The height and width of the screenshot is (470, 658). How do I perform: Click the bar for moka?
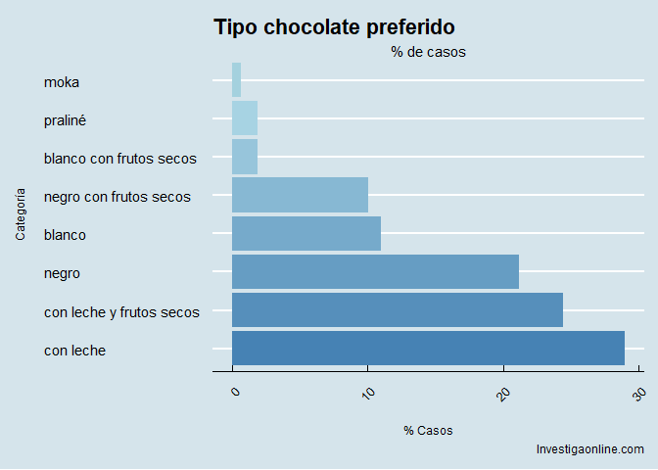[x=236, y=80]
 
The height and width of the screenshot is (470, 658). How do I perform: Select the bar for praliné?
[x=245, y=118]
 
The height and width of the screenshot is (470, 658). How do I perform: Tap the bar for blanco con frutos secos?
[x=245, y=157]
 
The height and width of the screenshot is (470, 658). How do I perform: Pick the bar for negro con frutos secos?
[x=300, y=195]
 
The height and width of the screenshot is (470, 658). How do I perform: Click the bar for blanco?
[x=306, y=233]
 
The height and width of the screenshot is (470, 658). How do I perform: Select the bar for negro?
[x=375, y=271]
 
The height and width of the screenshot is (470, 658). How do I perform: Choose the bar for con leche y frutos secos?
[x=398, y=309]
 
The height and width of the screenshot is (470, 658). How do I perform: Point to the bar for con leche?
[x=428, y=348]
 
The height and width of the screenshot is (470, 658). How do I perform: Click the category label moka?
[x=62, y=82]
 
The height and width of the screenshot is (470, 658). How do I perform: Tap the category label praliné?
[x=68, y=120]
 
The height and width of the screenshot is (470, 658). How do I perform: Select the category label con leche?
[x=74, y=351]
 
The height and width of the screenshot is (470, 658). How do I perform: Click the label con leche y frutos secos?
[x=121, y=312]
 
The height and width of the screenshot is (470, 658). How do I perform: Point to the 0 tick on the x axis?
[x=234, y=392]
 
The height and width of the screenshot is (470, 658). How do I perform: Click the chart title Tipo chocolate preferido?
[x=334, y=27]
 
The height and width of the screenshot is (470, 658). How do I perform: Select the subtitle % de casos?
[x=428, y=52]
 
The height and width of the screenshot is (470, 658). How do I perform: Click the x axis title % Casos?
[x=428, y=431]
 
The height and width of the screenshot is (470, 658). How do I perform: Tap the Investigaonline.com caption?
[x=589, y=449]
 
